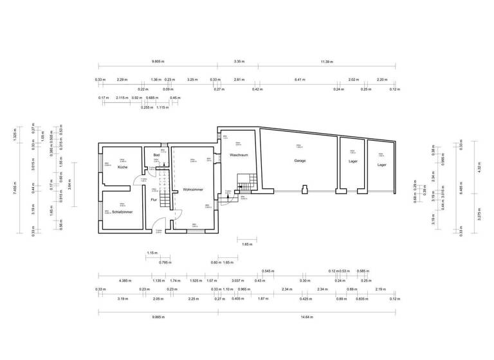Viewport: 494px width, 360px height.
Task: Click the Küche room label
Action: (122, 167)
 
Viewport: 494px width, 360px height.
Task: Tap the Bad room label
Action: (156, 155)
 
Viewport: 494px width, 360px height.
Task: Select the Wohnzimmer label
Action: (194, 190)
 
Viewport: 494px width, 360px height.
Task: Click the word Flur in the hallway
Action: (154, 199)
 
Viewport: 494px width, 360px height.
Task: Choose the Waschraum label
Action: (239, 155)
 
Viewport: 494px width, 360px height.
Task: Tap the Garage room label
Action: (300, 161)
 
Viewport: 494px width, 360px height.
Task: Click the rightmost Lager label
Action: (382, 165)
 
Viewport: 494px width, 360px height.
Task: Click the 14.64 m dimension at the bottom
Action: (306, 317)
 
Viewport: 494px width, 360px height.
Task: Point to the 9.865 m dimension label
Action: (158, 317)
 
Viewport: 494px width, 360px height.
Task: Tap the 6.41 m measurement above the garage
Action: (299, 80)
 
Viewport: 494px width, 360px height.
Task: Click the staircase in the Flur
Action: (165, 186)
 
